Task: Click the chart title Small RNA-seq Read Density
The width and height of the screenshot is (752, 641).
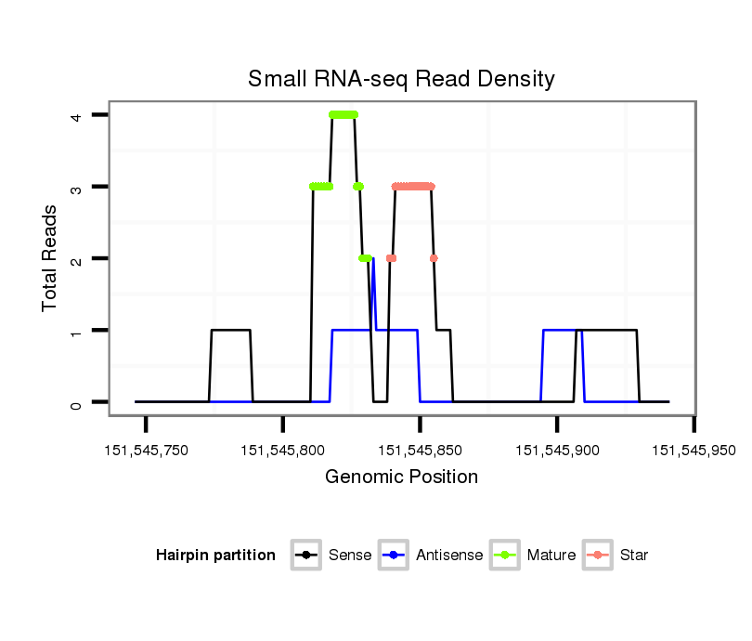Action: point(401,79)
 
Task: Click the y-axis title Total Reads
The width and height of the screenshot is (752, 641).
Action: point(51,257)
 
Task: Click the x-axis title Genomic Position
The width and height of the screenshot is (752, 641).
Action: point(401,477)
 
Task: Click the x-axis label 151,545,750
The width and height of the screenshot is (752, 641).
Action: point(146,451)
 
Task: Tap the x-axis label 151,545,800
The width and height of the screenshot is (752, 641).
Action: point(283,451)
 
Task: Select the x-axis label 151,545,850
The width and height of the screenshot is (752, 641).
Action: point(420,451)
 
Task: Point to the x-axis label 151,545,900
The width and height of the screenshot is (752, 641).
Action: point(557,451)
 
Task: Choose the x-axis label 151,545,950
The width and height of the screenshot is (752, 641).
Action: point(694,451)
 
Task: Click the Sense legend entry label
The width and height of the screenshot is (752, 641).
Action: point(350,556)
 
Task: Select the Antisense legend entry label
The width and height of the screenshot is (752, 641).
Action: point(449,556)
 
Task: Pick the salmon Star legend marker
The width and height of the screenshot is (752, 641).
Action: point(599,556)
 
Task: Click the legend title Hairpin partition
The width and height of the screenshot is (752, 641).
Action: point(215,556)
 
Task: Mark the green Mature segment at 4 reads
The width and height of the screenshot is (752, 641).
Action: point(344,115)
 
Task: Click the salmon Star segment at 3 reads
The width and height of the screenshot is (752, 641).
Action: point(413,187)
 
